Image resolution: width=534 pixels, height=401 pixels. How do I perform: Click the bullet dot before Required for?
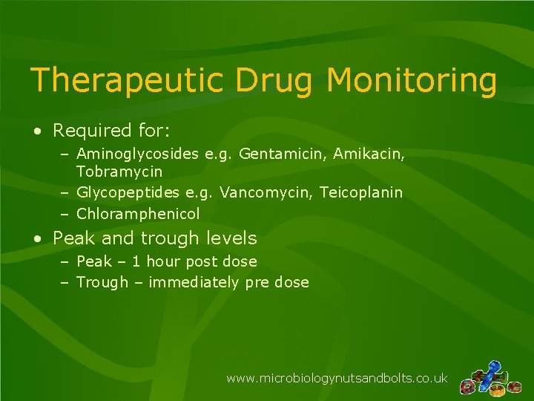36,132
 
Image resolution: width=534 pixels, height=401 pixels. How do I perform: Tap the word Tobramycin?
119,171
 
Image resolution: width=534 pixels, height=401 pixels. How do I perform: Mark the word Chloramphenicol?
138,214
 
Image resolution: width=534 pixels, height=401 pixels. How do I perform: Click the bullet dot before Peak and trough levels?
36,239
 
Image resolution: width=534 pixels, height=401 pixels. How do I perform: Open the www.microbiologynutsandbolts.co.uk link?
337,378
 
